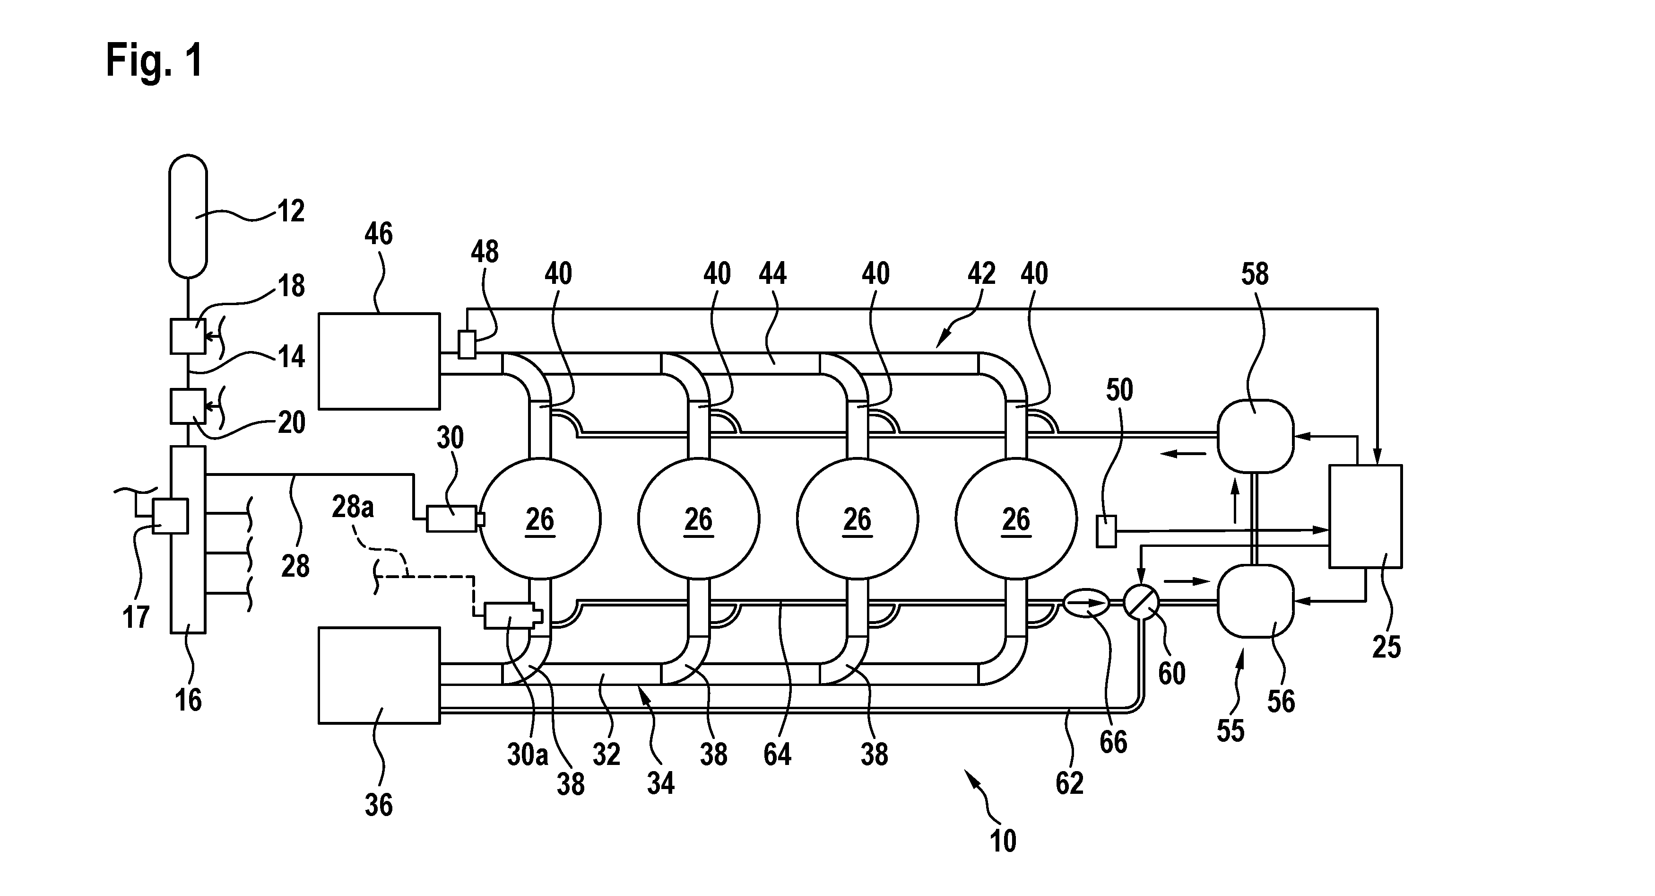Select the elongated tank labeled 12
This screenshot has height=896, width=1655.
(188, 216)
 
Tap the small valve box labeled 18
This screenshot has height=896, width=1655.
(188, 336)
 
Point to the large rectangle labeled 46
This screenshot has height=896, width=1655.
(379, 361)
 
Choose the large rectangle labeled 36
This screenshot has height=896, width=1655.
(379, 676)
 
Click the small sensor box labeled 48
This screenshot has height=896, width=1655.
(467, 344)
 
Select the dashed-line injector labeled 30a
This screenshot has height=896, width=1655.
(512, 615)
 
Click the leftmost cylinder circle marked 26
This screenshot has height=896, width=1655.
(540, 518)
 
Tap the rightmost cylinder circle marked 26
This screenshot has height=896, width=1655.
(1016, 518)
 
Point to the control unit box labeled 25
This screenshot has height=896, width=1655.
(1365, 516)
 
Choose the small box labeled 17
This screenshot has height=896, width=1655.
(170, 516)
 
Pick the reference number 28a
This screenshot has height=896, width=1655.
(353, 507)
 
